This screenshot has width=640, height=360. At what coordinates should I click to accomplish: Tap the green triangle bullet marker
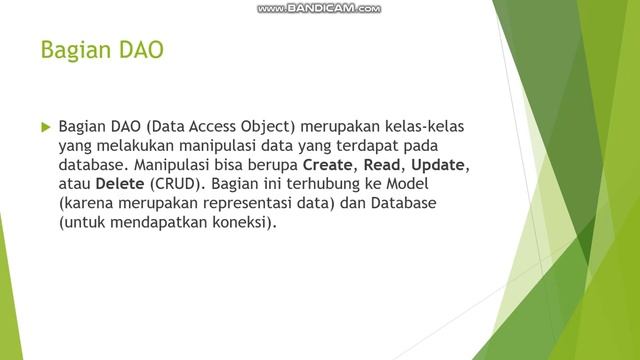[44, 128]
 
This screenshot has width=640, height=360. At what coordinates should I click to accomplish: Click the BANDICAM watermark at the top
[319, 8]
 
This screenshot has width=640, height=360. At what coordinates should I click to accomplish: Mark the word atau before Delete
[75, 184]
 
